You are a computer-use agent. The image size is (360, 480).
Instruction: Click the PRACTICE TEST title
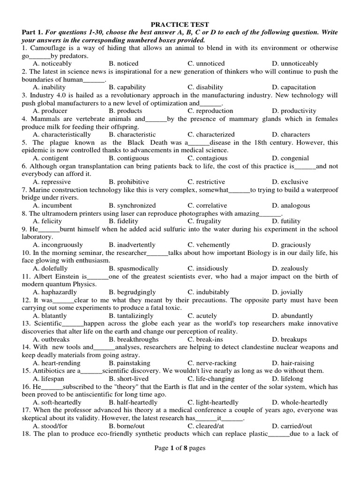[180, 24]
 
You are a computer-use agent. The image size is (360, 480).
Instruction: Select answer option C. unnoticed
[206, 63]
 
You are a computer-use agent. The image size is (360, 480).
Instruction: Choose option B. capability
[127, 87]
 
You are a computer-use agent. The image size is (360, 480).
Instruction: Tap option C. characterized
[211, 135]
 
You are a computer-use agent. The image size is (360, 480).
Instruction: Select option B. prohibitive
[129, 182]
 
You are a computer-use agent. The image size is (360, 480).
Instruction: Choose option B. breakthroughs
[133, 339]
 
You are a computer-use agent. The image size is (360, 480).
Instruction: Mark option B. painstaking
[129, 363]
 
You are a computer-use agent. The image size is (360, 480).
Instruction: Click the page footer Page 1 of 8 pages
[180, 448]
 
